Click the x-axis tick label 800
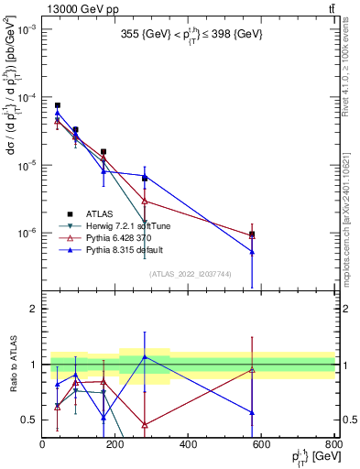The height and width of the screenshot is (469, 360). coord(333,444)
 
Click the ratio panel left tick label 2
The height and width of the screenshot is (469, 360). coord(33,309)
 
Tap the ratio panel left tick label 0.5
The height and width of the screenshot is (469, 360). coord(29,420)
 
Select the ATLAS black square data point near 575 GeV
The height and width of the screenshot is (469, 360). coord(252,234)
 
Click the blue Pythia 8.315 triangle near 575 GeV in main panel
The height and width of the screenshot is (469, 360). coord(252,252)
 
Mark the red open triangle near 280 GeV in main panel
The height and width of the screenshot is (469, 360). coord(145,201)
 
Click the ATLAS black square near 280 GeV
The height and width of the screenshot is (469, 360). coord(145,178)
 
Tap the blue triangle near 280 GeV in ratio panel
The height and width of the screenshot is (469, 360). coord(145,356)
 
